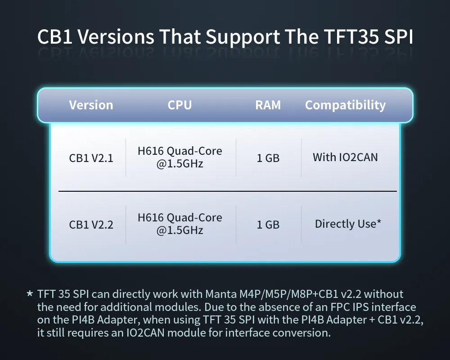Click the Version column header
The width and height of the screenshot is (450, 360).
(91, 105)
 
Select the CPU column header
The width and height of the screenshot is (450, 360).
(180, 105)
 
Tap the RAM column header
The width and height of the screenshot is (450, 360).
(268, 105)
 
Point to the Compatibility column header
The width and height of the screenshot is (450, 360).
(345, 105)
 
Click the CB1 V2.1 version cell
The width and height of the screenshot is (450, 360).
(91, 158)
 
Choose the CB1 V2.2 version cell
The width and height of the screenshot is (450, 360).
(91, 225)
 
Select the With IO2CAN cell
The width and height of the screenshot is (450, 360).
(345, 157)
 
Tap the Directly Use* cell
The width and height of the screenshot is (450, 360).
(348, 224)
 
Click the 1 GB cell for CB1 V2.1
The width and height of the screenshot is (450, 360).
(268, 158)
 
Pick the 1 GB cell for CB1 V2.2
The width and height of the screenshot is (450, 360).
(268, 225)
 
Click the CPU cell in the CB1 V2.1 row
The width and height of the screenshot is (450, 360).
(180, 157)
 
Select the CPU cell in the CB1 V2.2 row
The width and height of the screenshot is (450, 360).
(180, 224)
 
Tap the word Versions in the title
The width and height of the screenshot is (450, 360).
(116, 37)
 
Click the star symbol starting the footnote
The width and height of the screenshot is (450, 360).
(30, 294)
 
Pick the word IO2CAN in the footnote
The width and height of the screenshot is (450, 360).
(145, 333)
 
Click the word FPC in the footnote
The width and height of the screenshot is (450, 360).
(340, 307)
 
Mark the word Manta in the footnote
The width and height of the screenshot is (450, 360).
(221, 294)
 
